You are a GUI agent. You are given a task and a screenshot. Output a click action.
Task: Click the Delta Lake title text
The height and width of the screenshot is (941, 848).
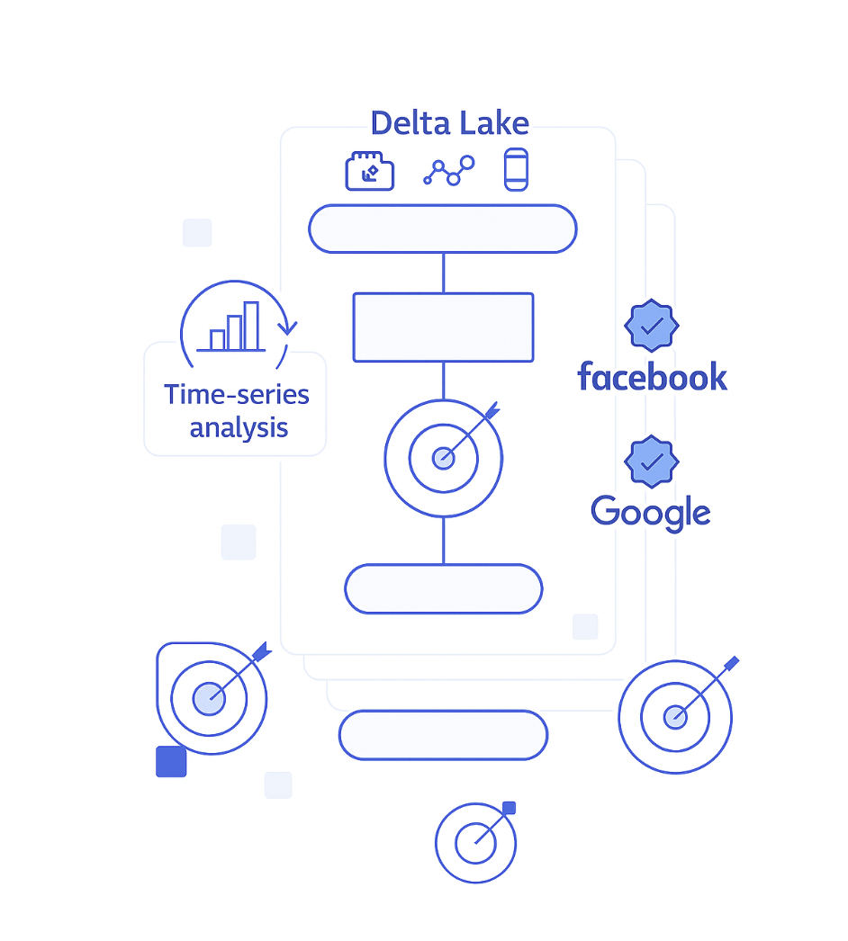[x=449, y=123]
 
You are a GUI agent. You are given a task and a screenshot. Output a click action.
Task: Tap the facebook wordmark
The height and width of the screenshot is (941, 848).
[x=652, y=377]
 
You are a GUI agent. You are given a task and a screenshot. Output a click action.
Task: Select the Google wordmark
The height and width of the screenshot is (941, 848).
[x=650, y=513]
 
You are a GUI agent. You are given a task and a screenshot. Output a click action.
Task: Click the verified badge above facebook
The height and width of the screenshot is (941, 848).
[x=651, y=326]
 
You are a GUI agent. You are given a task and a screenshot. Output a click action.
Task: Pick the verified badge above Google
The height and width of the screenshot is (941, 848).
[x=651, y=462]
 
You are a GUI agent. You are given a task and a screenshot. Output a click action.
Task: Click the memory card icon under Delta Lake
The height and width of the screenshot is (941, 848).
[x=370, y=171]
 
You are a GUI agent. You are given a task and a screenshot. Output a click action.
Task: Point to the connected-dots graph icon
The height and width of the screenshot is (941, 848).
[x=448, y=170]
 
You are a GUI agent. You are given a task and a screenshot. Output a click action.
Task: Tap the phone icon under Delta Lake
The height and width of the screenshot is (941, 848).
[x=516, y=169]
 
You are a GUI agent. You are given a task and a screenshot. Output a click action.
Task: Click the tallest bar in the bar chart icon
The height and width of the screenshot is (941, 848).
[x=251, y=326]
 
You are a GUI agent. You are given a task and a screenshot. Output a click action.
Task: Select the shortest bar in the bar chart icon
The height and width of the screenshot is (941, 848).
[x=217, y=339]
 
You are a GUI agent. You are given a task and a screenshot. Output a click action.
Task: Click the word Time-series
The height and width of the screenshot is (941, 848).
[x=236, y=394]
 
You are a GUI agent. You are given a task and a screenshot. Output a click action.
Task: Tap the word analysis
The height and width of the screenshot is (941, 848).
[x=239, y=427]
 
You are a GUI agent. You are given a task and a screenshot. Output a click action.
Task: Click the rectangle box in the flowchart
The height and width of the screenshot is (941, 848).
[x=443, y=327]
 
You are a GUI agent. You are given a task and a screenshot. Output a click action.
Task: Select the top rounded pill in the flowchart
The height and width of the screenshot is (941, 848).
[x=442, y=229]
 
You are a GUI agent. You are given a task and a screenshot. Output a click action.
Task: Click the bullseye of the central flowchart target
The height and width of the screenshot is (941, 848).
[x=443, y=459]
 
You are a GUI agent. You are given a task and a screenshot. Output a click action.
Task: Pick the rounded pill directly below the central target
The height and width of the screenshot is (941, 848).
[x=443, y=589]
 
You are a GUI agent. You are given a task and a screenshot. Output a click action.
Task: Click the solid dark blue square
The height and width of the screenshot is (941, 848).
[x=171, y=761]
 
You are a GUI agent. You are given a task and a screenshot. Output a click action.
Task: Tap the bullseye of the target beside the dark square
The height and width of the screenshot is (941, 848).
[x=209, y=697]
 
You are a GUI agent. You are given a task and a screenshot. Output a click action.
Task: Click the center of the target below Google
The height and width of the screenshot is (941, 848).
[x=674, y=717]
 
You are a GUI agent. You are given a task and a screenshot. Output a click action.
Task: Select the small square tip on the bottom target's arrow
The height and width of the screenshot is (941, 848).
[x=509, y=808]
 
